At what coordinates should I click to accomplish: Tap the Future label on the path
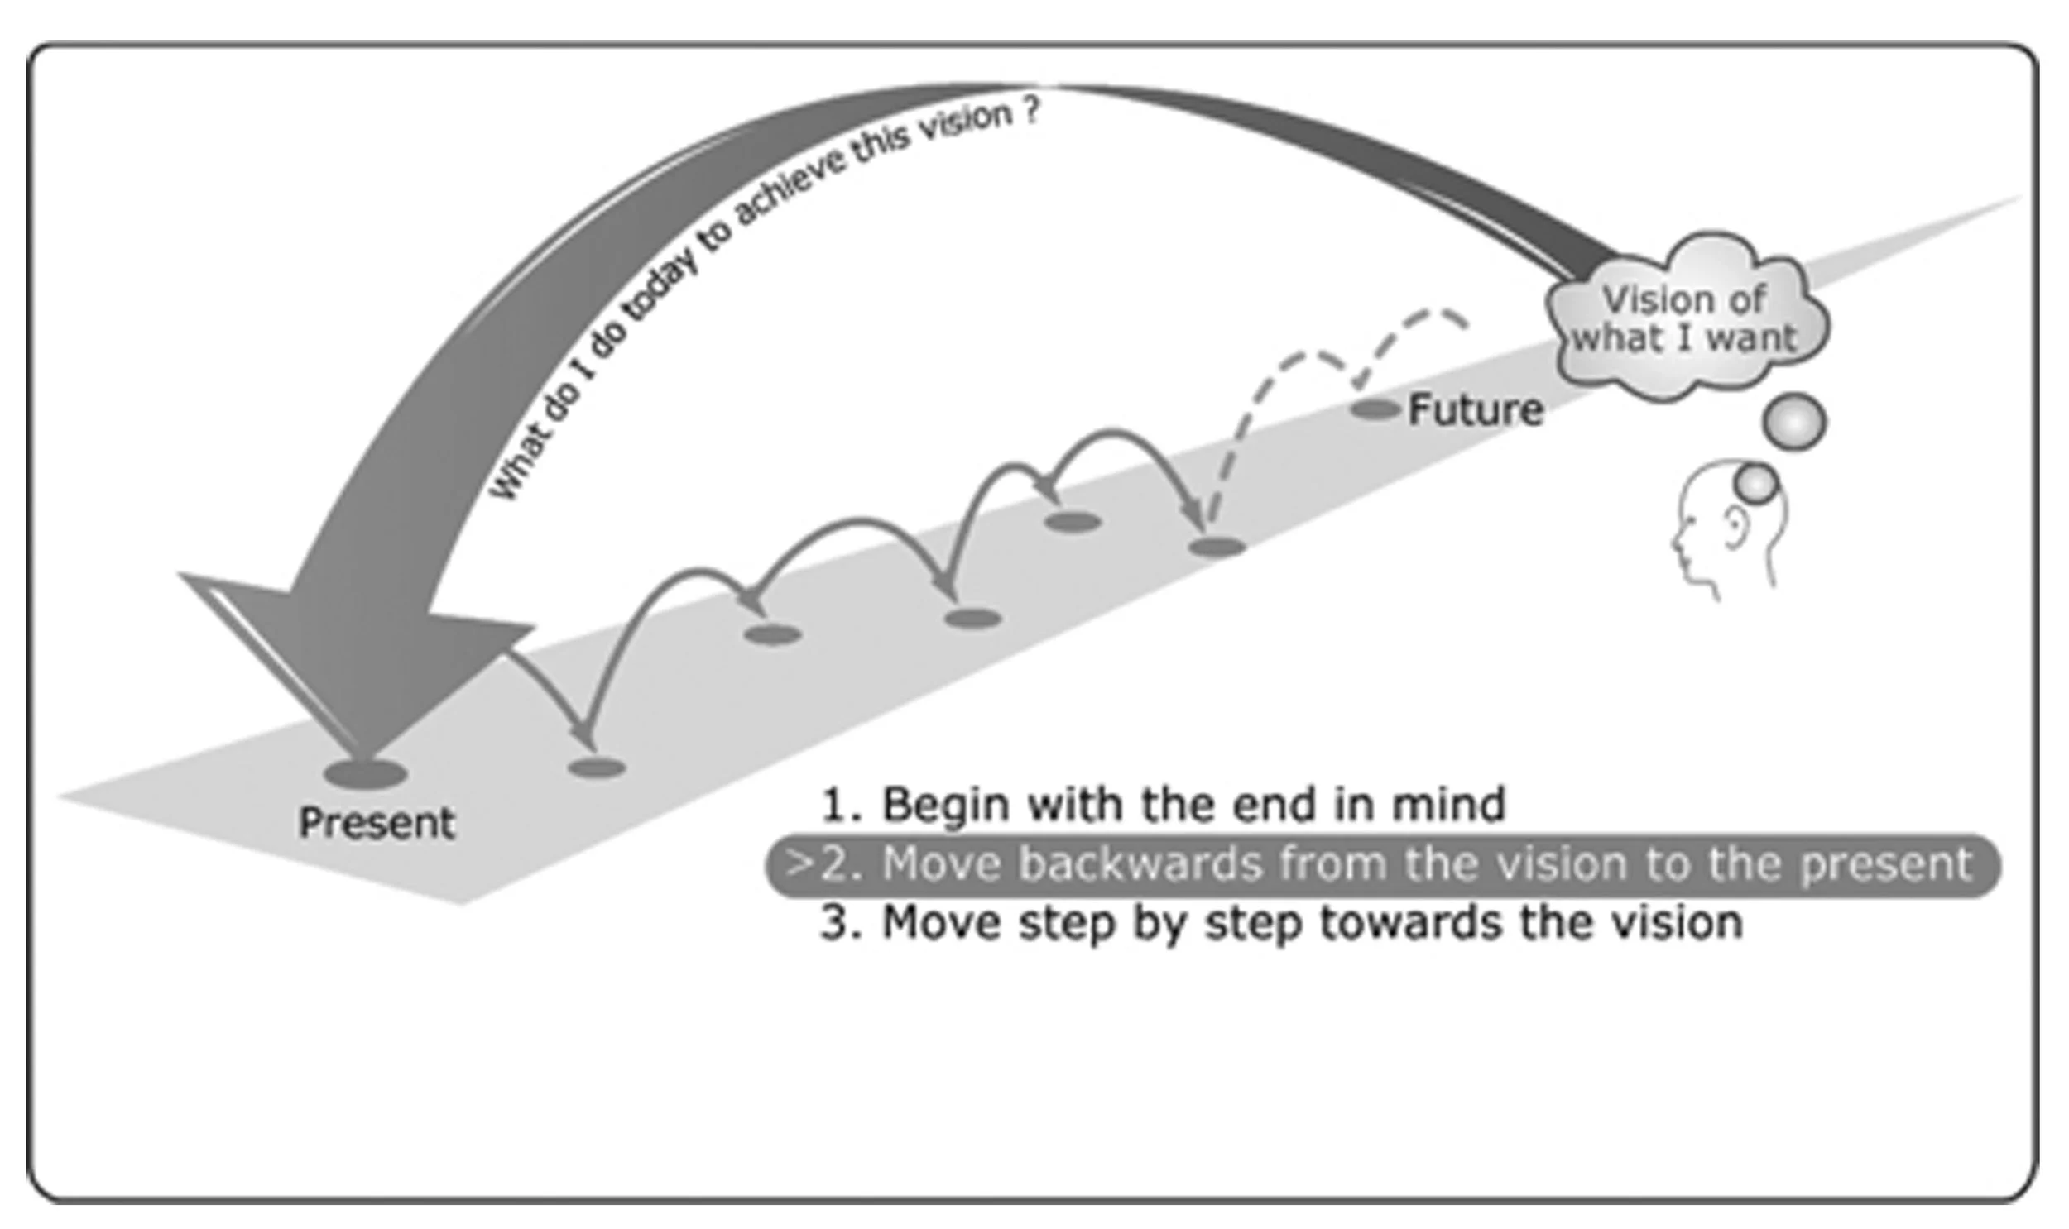pos(1476,410)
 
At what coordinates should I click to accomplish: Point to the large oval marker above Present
pos(366,774)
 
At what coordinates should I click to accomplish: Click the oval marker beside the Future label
pos(1375,409)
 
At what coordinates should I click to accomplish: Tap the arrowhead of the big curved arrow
pos(357,662)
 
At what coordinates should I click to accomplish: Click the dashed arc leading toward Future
pos(1326,365)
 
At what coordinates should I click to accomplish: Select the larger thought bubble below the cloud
pos(1795,423)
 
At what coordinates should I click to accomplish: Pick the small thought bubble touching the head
pos(1757,483)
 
